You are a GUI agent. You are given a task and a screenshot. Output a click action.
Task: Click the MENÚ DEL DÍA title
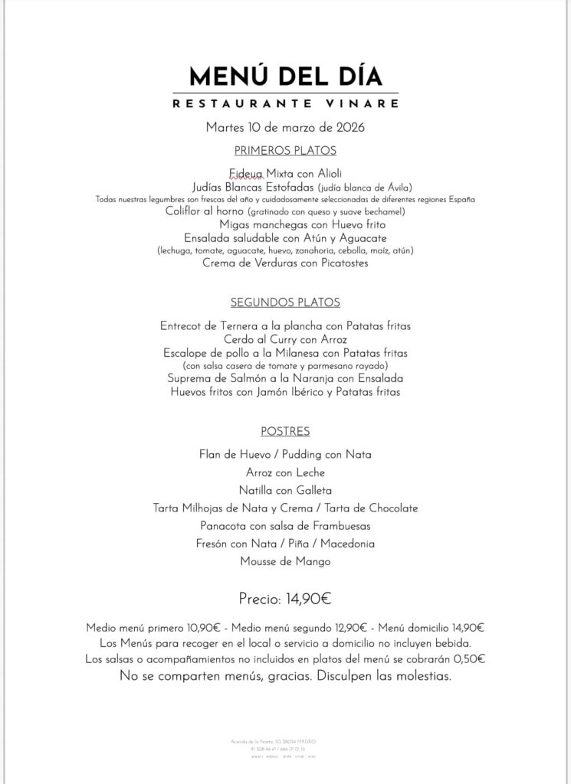click(285, 76)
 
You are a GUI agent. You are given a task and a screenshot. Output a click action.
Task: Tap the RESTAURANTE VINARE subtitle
click(285, 103)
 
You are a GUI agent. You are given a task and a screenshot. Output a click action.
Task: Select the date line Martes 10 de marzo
click(285, 127)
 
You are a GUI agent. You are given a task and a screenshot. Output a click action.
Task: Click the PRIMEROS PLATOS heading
click(285, 150)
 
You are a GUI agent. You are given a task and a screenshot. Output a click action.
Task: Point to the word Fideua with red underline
click(246, 173)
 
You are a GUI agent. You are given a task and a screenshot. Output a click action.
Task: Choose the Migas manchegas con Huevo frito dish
click(302, 224)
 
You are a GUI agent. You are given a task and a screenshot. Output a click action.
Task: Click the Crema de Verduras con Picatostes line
click(285, 263)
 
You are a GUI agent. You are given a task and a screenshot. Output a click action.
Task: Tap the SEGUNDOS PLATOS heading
click(285, 302)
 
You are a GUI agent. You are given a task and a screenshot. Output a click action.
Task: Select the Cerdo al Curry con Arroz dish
click(285, 339)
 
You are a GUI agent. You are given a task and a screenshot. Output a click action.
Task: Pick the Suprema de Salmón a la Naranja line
click(285, 378)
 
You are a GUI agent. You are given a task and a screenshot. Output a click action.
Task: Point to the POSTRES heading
click(285, 431)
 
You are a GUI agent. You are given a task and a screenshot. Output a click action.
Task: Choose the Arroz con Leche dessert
click(285, 472)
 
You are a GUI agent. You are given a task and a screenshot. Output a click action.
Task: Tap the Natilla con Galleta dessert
click(285, 490)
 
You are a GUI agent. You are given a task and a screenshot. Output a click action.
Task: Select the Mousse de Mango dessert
click(285, 562)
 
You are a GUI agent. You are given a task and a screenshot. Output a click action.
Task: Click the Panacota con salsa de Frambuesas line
click(285, 526)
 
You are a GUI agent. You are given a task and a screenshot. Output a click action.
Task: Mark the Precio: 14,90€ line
click(285, 598)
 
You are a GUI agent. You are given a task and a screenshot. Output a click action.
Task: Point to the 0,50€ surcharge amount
click(469, 658)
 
